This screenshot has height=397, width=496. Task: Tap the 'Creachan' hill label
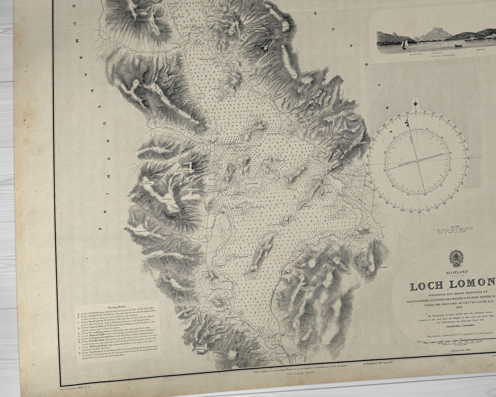(167, 199)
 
